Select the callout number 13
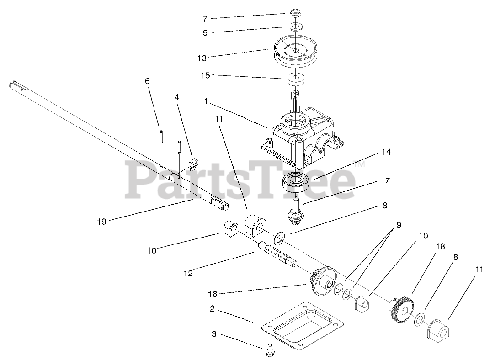tap(202, 58)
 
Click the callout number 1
tap(206, 101)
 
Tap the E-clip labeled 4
tap(194, 163)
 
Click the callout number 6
tap(147, 81)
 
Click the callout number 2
tap(212, 309)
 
